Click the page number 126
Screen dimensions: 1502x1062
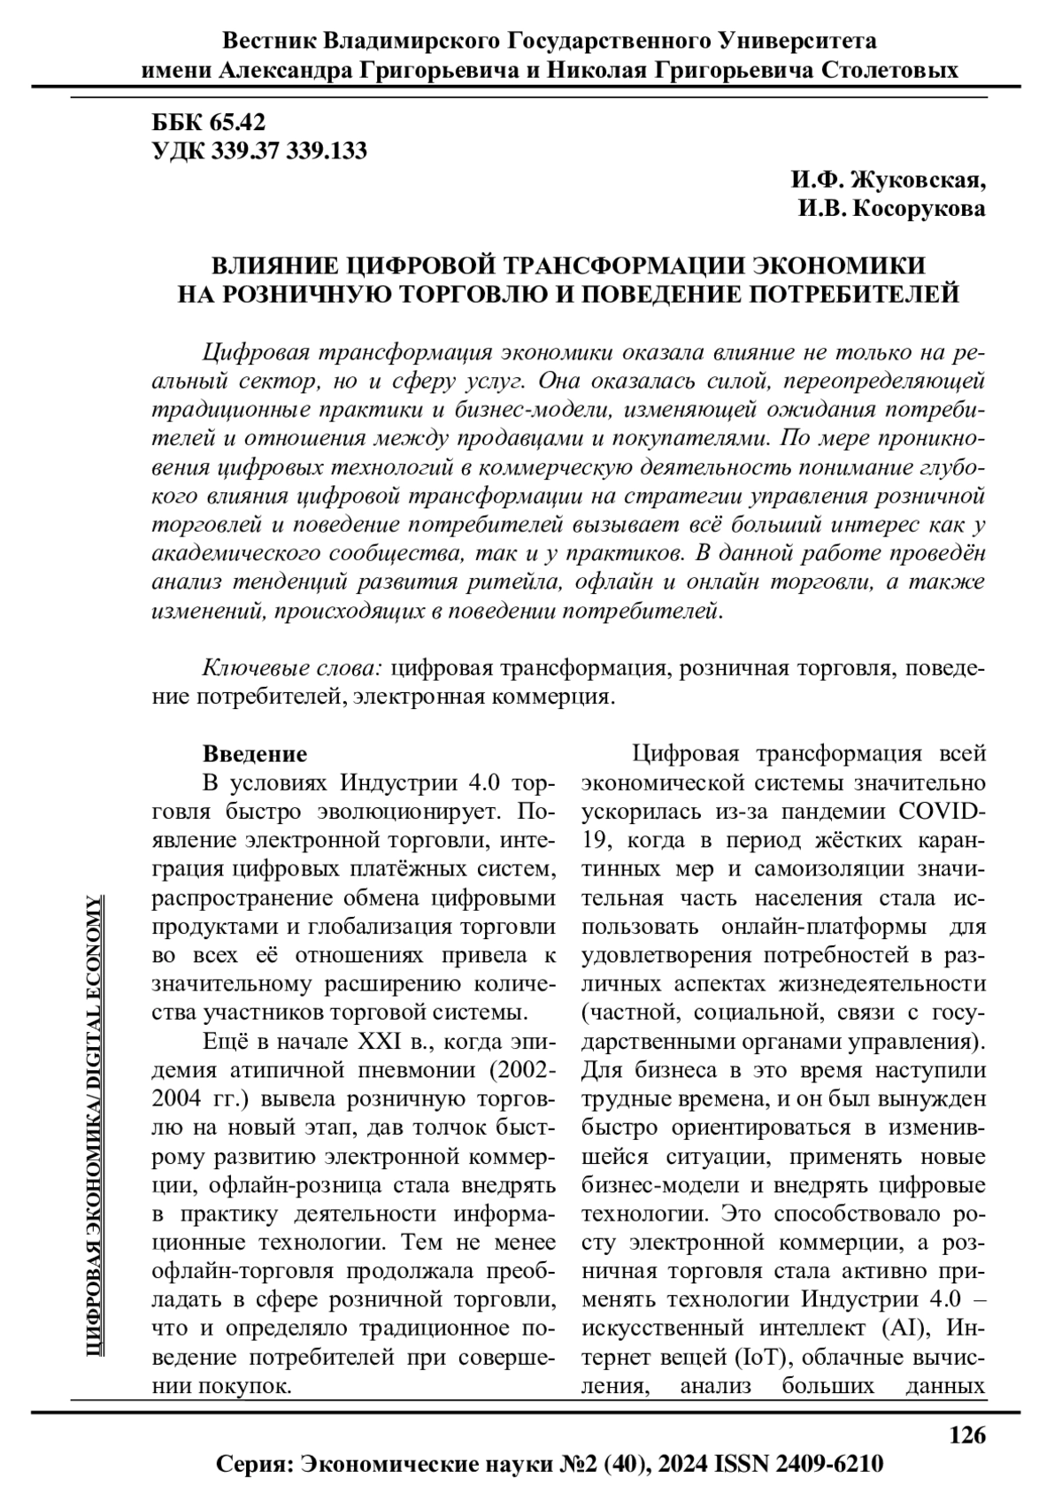click(967, 1434)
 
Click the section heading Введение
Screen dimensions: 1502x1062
click(255, 754)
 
